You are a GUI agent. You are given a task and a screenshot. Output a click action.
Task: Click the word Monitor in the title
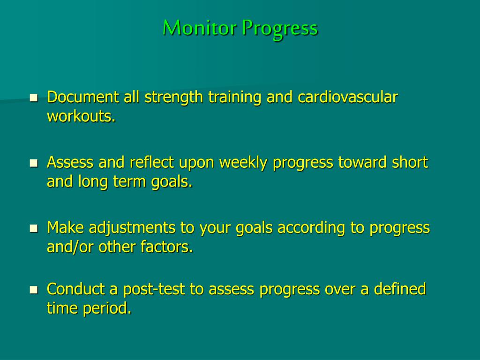[x=200, y=28]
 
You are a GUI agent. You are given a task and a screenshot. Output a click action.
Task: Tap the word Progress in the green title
[x=280, y=29]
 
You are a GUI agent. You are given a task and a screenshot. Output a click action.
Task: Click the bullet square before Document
[x=34, y=98]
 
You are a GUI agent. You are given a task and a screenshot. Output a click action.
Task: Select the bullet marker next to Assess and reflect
[x=34, y=163]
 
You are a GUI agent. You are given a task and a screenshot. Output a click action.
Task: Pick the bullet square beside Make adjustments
[x=34, y=228]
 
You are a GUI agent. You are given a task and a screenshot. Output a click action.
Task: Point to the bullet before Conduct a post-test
[x=34, y=290]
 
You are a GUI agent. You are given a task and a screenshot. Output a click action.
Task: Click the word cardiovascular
[x=347, y=97]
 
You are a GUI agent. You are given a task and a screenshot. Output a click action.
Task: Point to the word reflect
[x=152, y=163]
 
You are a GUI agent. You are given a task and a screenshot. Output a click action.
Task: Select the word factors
[x=166, y=247]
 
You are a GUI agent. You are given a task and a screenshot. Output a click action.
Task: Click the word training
[x=235, y=98]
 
